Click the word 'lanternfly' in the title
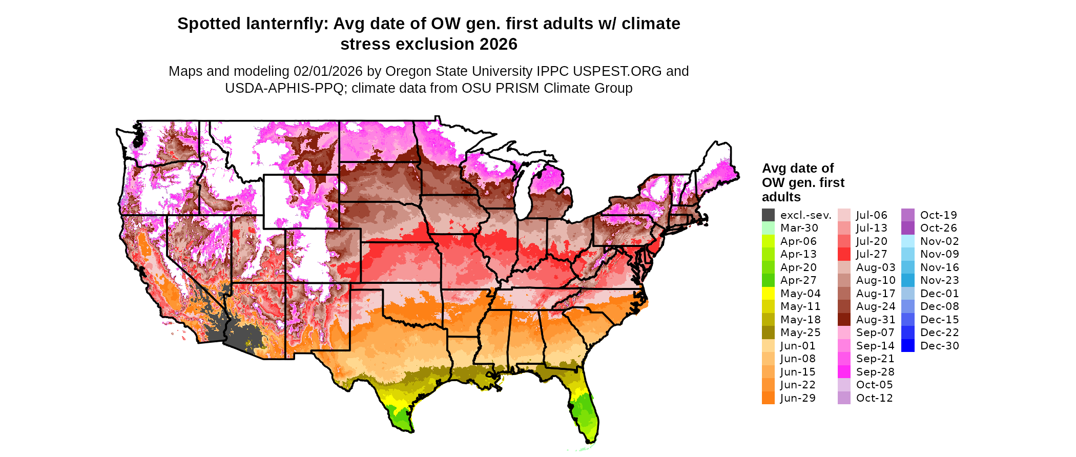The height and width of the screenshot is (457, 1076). [286, 24]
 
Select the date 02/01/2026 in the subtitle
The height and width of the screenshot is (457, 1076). [325, 71]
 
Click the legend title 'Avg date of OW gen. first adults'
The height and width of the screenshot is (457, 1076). [802, 182]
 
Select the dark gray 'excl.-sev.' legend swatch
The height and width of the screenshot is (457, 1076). [768, 215]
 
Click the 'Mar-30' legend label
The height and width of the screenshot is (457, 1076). [799, 228]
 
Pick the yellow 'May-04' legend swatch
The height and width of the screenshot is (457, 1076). [768, 294]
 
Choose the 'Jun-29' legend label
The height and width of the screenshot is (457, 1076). [798, 398]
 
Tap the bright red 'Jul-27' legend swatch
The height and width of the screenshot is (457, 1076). [844, 254]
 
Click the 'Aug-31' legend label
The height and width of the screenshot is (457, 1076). [876, 320]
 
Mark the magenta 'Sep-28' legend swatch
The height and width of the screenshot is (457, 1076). [844, 372]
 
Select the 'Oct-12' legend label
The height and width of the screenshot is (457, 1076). [874, 398]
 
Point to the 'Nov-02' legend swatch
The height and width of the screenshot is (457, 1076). [907, 241]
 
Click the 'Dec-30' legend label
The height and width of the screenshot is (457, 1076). [939, 346]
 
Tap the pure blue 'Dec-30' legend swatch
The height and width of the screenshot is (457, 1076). [907, 346]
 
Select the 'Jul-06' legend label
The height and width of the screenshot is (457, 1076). [872, 215]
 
